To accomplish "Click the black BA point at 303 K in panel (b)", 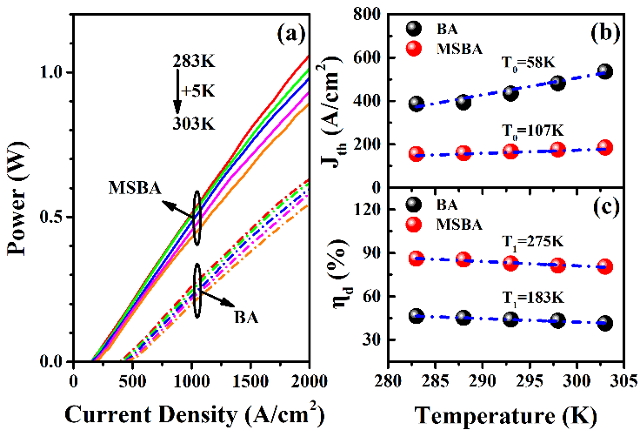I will (604, 71).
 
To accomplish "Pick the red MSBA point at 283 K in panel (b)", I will (417, 154).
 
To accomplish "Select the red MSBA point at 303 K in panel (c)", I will (604, 266).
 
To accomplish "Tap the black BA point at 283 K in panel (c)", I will (417, 316).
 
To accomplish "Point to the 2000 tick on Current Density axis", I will (309, 380).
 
